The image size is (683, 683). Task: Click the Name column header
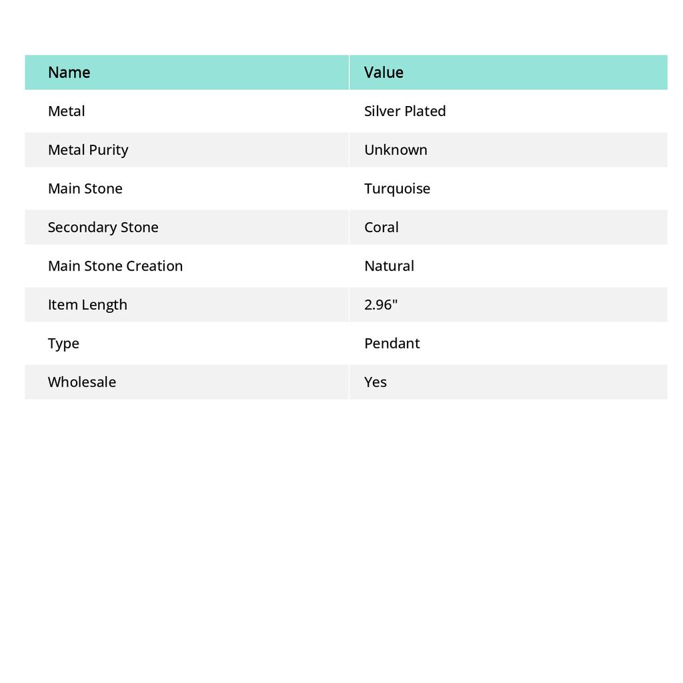(x=69, y=72)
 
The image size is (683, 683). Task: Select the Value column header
(x=384, y=72)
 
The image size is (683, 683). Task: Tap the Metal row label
(x=66, y=111)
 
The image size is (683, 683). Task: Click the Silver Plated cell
(x=405, y=111)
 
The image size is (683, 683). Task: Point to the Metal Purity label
(x=88, y=149)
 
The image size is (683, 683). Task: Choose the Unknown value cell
(x=396, y=149)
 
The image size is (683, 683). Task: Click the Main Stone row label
(x=85, y=188)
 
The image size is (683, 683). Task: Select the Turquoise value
(x=397, y=188)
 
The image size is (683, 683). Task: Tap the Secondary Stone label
(x=103, y=227)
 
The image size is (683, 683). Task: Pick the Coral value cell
(x=381, y=227)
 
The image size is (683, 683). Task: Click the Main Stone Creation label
(x=115, y=265)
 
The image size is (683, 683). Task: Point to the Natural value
(x=389, y=265)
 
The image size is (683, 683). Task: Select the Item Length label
(x=87, y=304)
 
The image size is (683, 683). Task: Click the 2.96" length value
(x=381, y=304)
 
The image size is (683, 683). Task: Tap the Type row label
(x=63, y=343)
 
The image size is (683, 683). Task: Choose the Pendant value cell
(x=392, y=343)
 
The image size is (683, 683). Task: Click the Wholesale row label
(x=81, y=382)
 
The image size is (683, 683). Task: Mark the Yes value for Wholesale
(x=376, y=382)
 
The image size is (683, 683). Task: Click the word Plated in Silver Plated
(x=425, y=111)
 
